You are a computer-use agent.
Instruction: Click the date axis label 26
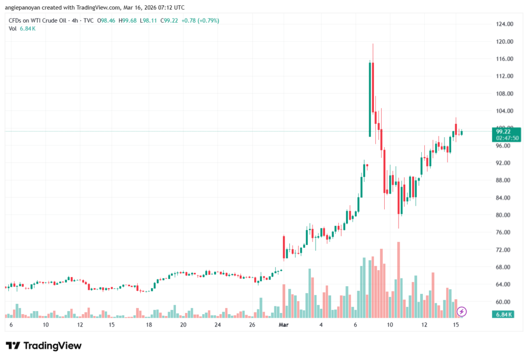click(252, 325)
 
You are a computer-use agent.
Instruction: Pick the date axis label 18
click(148, 325)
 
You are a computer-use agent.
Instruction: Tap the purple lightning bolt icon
click(462, 311)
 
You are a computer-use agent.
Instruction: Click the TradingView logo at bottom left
click(43, 346)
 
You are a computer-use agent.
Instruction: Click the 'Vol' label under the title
click(13, 28)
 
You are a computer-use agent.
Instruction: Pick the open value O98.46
click(107, 21)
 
